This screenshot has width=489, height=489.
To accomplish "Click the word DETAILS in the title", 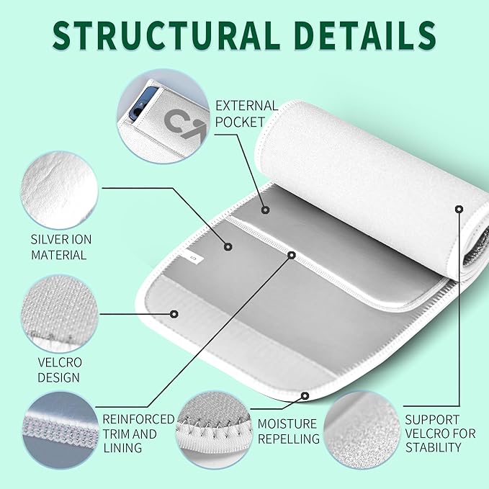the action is [x=365, y=35].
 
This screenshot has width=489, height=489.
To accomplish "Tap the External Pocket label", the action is [x=246, y=114].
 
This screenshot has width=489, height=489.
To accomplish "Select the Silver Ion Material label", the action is [x=61, y=247].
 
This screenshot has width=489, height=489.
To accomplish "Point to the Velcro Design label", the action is [x=60, y=370].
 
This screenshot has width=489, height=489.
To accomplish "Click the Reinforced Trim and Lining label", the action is [x=138, y=434].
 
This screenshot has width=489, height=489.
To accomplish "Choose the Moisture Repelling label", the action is [x=289, y=431].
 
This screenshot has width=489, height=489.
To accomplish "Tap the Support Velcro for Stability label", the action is [x=440, y=434].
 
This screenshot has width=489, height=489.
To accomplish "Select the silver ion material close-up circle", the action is [x=59, y=190].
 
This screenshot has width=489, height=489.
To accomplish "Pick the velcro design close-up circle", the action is [x=60, y=313].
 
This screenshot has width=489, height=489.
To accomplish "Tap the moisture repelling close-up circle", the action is [x=214, y=431].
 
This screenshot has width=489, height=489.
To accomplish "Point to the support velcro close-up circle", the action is [x=362, y=431].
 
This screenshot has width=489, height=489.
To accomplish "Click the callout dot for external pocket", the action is [x=265, y=210].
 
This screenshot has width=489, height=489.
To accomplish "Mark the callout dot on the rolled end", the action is [x=459, y=209].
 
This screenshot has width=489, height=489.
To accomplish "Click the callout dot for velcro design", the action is [x=174, y=314].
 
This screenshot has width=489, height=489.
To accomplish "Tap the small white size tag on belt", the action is [x=192, y=257].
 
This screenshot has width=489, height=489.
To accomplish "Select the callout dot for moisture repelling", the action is [x=305, y=396].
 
